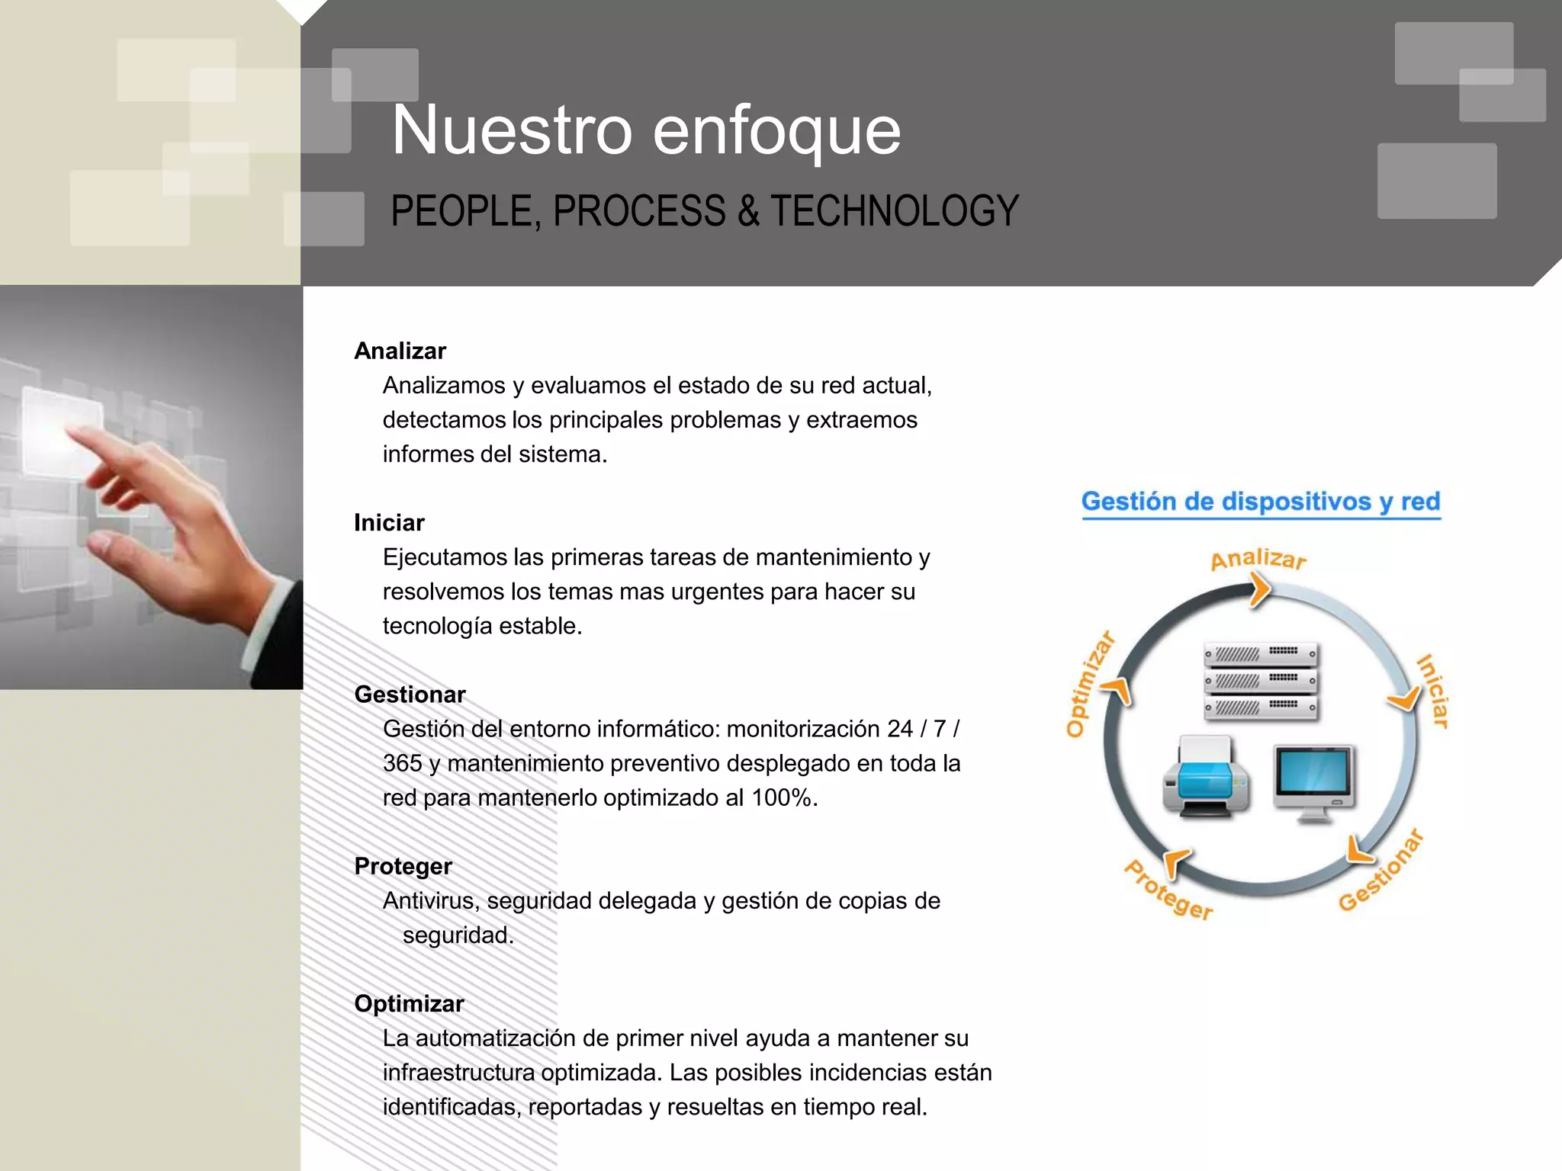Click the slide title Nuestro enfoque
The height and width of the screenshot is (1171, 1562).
click(x=645, y=131)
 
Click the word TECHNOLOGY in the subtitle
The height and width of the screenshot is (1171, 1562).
click(x=894, y=211)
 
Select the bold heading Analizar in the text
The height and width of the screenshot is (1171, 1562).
click(x=400, y=351)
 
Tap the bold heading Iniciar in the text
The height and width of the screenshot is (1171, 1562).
click(x=389, y=522)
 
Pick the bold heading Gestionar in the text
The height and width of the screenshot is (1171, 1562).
click(x=410, y=695)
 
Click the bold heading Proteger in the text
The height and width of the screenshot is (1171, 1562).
click(x=403, y=866)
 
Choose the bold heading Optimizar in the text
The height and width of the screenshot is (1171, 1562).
click(x=409, y=1003)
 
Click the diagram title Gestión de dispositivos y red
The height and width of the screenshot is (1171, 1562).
click(x=1260, y=502)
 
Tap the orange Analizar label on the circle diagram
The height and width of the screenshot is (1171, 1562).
click(x=1258, y=559)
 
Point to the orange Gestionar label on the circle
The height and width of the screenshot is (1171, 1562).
click(x=1380, y=871)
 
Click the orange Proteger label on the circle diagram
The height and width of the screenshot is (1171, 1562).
click(x=1168, y=890)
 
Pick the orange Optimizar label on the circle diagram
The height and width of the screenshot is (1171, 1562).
click(x=1089, y=685)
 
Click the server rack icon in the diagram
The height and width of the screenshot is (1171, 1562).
click(x=1261, y=681)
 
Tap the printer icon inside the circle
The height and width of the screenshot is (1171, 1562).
click(x=1206, y=777)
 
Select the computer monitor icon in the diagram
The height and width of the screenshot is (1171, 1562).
click(x=1314, y=782)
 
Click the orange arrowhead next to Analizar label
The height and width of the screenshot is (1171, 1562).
click(x=1259, y=590)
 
